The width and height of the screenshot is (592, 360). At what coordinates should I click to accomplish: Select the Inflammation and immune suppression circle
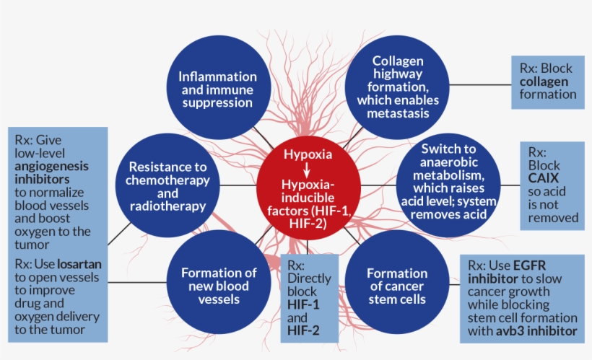coord(217,89)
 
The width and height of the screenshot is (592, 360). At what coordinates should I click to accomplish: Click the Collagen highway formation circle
coord(398,87)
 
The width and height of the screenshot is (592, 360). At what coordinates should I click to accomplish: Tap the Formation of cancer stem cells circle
coord(396,286)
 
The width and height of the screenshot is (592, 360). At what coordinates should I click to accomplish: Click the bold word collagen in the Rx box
coord(544,82)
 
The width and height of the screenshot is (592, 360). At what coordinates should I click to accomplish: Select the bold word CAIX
coord(544,178)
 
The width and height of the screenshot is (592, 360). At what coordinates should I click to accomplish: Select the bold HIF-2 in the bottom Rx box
coord(302,331)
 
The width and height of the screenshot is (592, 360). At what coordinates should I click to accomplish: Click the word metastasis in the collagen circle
coord(398,113)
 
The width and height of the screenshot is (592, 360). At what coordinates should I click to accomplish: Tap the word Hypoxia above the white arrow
coord(308,155)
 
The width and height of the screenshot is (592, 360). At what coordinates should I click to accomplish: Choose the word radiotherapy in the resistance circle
coord(168,206)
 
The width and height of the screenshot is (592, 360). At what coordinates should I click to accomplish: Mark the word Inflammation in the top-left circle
coord(217,76)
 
